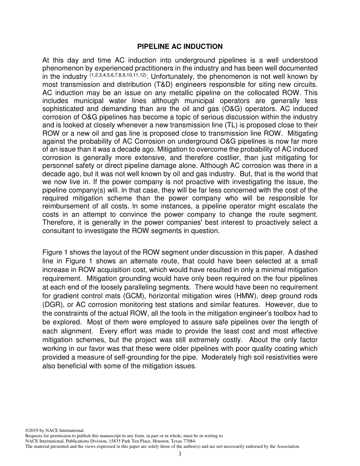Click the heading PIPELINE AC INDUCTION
pos(180,47)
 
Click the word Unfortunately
pos(168,76)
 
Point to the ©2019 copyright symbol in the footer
pos(27,430)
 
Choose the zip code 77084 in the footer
pos(189,441)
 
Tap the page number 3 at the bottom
pos(180,454)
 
